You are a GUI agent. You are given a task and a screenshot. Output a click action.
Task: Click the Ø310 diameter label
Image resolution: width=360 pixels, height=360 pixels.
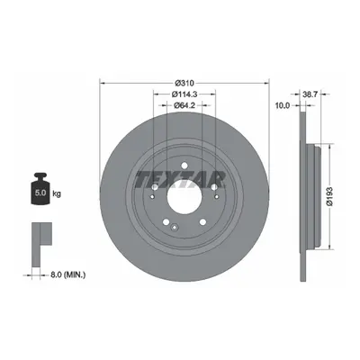coord(184,83)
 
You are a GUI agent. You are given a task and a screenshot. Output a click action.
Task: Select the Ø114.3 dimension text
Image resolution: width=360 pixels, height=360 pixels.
coord(184,94)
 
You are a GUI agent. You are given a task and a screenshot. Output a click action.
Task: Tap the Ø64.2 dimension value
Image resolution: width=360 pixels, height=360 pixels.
coord(184,105)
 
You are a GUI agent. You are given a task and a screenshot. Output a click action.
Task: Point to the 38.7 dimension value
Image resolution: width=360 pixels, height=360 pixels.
coord(310,94)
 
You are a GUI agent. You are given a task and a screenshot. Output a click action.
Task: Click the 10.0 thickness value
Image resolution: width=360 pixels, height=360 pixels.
coord(283,105)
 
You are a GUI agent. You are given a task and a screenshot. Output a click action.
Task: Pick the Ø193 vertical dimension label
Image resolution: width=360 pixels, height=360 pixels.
coord(330,196)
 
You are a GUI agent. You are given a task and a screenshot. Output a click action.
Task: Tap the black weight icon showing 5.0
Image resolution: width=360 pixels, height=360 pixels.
coord(40,188)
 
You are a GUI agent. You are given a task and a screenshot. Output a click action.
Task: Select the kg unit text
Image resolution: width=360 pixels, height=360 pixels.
coord(57,193)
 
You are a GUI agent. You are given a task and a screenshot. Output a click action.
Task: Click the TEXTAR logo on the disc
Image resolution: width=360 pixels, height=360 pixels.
coord(181,179)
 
